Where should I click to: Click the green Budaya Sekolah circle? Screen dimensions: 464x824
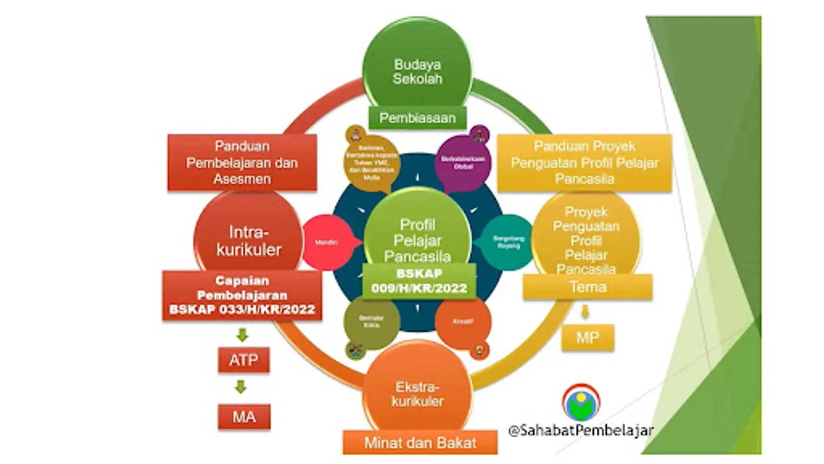pyautogui.click(x=417, y=67)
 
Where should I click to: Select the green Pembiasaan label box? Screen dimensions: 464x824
pyautogui.click(x=417, y=118)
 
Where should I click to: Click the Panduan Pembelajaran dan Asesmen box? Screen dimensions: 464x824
pyautogui.click(x=242, y=162)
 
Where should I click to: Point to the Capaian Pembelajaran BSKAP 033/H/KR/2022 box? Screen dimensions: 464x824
pyautogui.click(x=242, y=295)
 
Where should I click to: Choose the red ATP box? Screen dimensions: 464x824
pyautogui.click(x=244, y=360)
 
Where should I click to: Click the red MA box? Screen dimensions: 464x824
pyautogui.click(x=244, y=417)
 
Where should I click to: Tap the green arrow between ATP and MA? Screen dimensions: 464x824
pyautogui.click(x=241, y=387)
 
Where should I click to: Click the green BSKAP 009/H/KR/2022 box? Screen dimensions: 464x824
pyautogui.click(x=419, y=281)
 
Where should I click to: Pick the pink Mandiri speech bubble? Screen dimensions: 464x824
pyautogui.click(x=327, y=242)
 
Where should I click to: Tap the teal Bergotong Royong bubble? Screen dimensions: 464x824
pyautogui.click(x=508, y=242)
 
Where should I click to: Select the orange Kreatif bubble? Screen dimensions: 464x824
pyautogui.click(x=462, y=322)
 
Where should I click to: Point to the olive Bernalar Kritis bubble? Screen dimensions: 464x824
pyautogui.click(x=371, y=322)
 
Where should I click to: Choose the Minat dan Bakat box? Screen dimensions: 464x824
pyautogui.click(x=420, y=442)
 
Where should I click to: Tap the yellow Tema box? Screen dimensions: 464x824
pyautogui.click(x=588, y=287)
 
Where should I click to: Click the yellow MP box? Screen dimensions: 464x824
pyautogui.click(x=588, y=338)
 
